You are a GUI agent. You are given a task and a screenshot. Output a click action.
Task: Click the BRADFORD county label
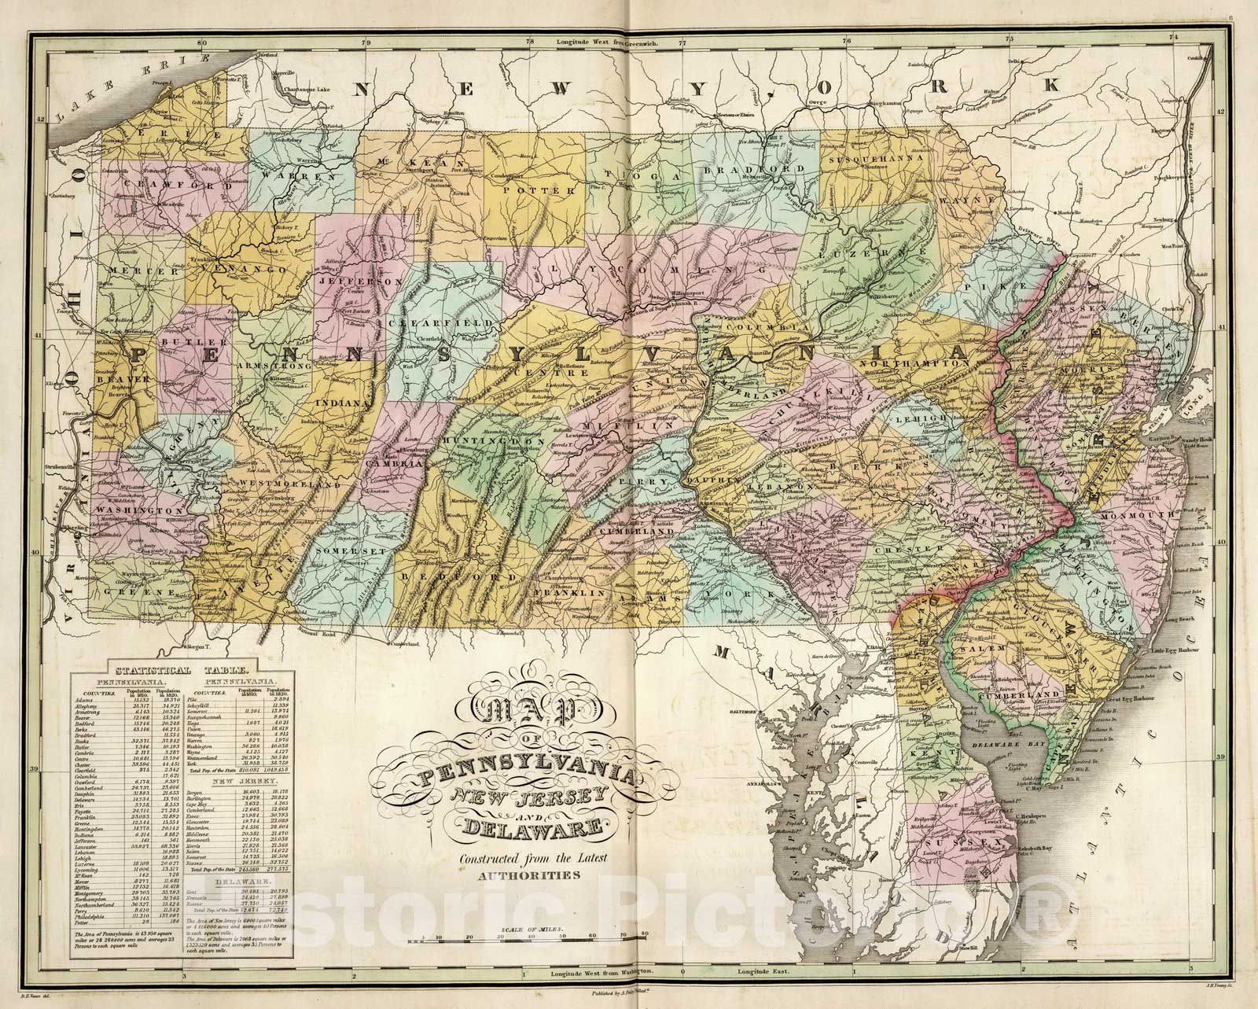(x=742, y=168)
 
